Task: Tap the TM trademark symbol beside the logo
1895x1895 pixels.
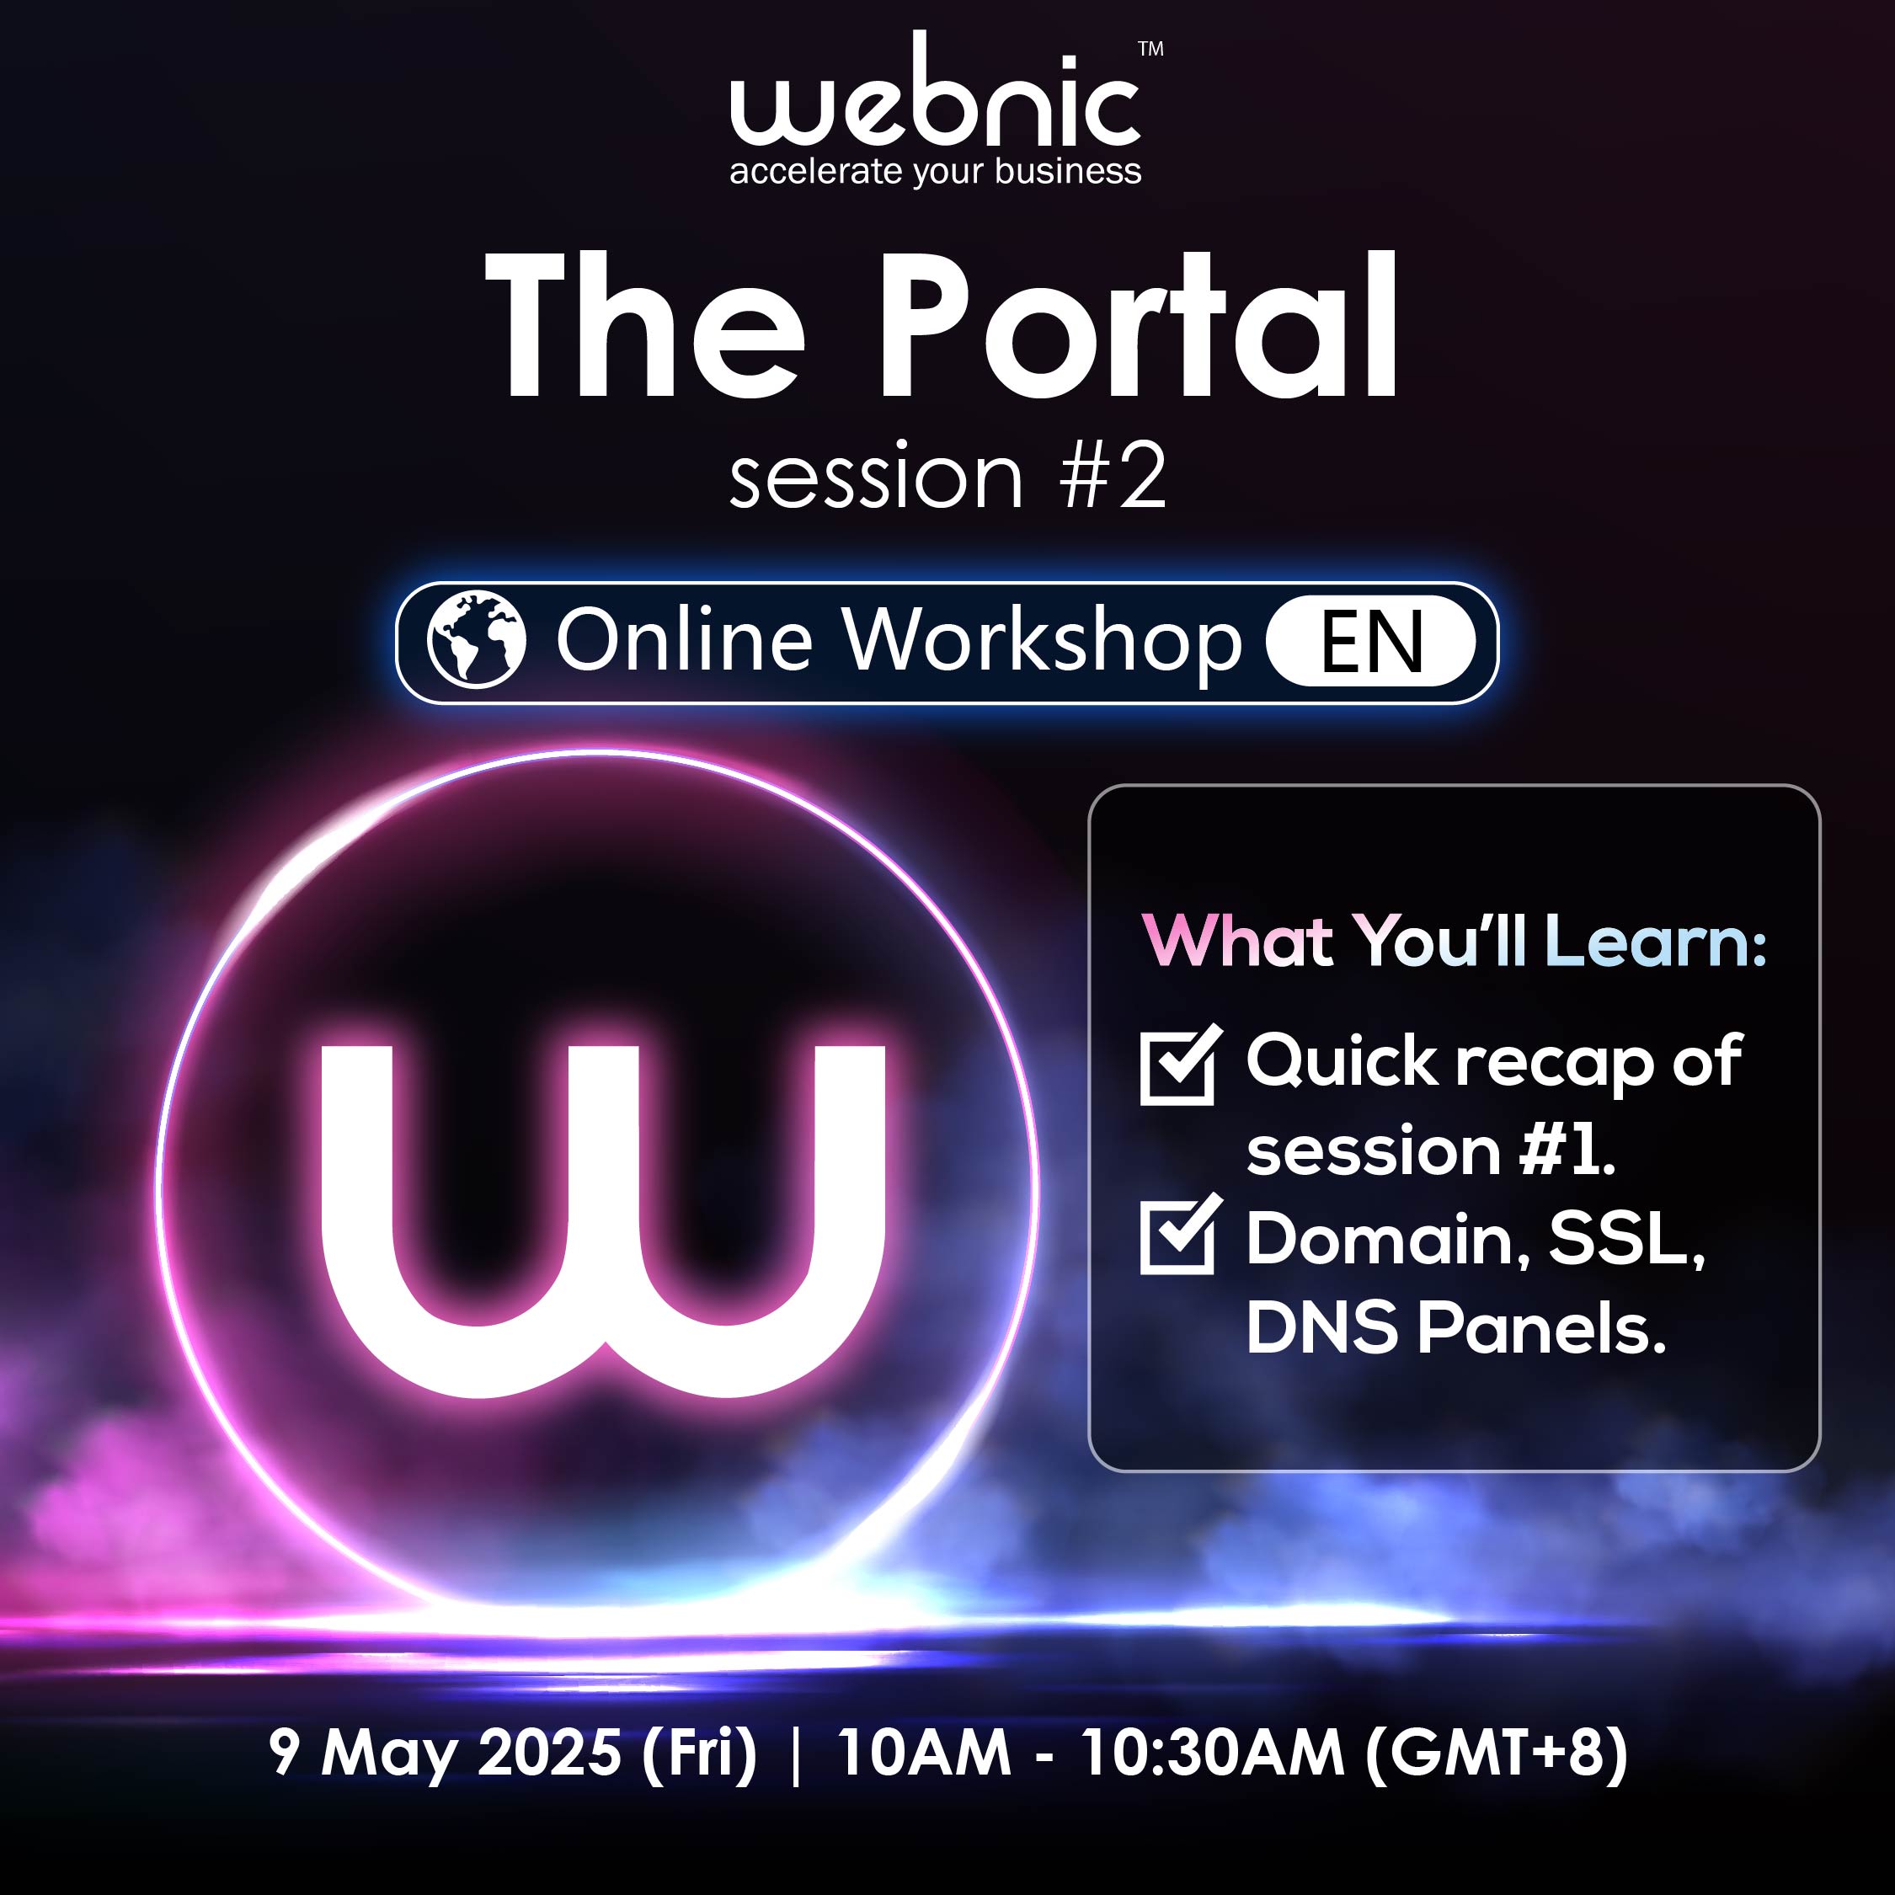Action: tap(1150, 49)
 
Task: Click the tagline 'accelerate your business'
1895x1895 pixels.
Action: tap(936, 171)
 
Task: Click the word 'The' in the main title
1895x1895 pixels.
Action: tap(645, 327)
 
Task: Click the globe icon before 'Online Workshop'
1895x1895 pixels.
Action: tap(477, 638)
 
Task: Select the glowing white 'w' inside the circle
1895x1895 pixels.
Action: tap(603, 1221)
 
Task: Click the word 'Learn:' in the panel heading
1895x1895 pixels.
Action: tap(1656, 941)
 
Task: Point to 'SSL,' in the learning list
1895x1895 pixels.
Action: tap(1626, 1240)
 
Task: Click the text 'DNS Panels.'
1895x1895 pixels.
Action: tap(1456, 1328)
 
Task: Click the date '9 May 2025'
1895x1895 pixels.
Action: tap(446, 1752)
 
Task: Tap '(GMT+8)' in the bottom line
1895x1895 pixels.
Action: tap(1497, 1753)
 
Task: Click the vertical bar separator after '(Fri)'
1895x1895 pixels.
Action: tap(794, 1754)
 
